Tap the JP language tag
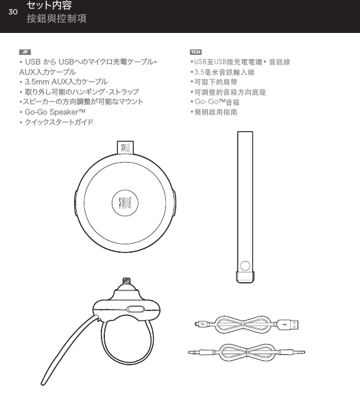click(25, 52)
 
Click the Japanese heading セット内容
click(49, 6)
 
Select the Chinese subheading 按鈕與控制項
click(56, 19)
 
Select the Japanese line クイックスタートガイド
click(58, 122)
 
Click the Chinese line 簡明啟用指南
click(215, 111)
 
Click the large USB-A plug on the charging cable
click(292, 323)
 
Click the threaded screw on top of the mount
click(126, 281)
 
